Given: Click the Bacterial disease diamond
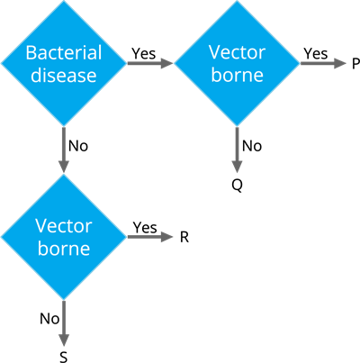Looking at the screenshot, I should pyautogui.click(x=63, y=63).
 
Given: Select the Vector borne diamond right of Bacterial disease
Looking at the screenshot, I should pyautogui.click(x=237, y=63).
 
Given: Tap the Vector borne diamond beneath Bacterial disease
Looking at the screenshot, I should pyautogui.click(x=63, y=237).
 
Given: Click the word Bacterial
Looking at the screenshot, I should pyautogui.click(x=63, y=52).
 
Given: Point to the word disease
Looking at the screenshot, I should pyautogui.click(x=63, y=75).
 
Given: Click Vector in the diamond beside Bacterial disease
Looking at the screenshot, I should pyautogui.click(x=237, y=52).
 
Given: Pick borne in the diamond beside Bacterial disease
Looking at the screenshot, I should pyautogui.click(x=237, y=75).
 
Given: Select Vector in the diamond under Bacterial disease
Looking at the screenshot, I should pyautogui.click(x=63, y=225).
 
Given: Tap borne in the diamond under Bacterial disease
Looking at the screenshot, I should pyautogui.click(x=63, y=249).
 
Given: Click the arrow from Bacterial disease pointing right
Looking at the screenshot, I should pyautogui.click(x=148, y=63).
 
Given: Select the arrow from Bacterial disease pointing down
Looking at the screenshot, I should pyautogui.click(x=63, y=149).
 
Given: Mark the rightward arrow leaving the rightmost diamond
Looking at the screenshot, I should pyautogui.click(x=322, y=63).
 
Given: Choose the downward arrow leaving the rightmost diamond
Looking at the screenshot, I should pyautogui.click(x=237, y=149).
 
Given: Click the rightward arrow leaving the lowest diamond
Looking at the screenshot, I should pyautogui.click(x=148, y=237).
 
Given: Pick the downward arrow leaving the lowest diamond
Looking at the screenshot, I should pyautogui.click(x=63, y=322).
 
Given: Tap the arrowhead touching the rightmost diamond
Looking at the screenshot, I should pyautogui.click(x=166, y=63).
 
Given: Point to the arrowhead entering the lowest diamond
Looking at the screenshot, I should pyautogui.click(x=63, y=167).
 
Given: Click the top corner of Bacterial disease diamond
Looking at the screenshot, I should pyautogui.click(x=63, y=3).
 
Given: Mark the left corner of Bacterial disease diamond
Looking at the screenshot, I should pyautogui.click(x=3, y=63).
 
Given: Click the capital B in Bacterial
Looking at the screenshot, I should pyautogui.click(x=30, y=52).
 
